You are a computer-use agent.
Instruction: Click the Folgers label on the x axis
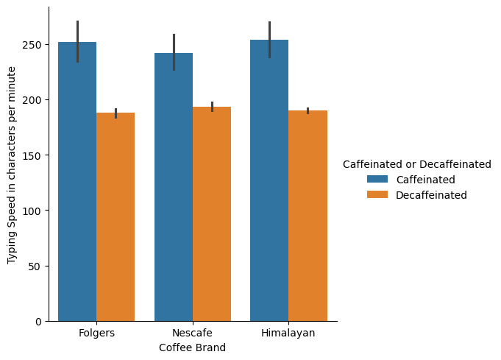click(x=96, y=333)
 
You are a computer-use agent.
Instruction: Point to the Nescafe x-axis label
click(x=193, y=333)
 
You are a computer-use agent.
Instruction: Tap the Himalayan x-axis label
click(x=288, y=333)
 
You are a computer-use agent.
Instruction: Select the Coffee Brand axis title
click(x=193, y=347)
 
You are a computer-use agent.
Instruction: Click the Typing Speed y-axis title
click(x=13, y=165)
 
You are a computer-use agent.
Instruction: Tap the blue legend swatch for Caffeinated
click(x=378, y=180)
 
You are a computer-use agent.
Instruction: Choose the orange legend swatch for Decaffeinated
click(x=378, y=195)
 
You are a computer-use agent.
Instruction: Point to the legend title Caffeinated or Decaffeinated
click(x=417, y=164)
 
